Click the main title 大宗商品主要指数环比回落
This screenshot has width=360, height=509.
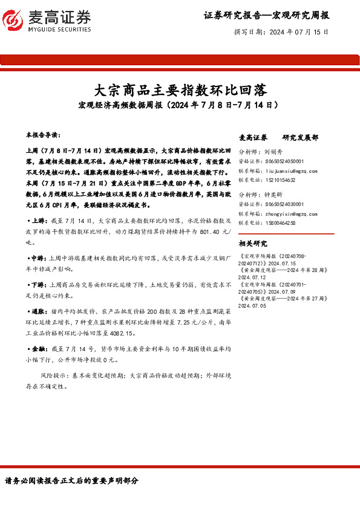tap(180, 90)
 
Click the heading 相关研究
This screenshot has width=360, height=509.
tap(253, 244)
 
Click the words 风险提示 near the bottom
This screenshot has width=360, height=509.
tap(53, 375)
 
